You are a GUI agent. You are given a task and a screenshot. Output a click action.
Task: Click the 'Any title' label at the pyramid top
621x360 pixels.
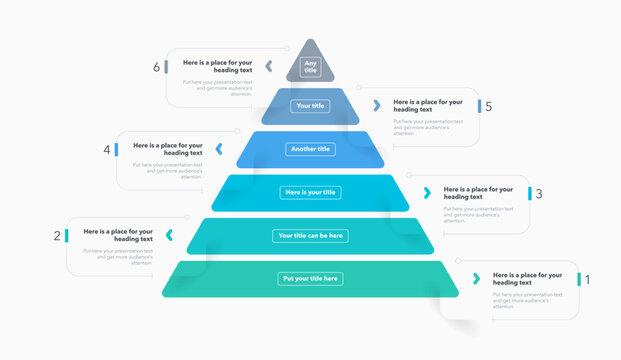[x=310, y=67]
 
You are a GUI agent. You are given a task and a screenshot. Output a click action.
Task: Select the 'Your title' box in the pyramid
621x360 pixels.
[x=310, y=105]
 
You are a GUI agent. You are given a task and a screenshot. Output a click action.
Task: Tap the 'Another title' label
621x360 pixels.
[x=310, y=149]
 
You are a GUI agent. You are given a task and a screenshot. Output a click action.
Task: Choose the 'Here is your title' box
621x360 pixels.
[x=310, y=192]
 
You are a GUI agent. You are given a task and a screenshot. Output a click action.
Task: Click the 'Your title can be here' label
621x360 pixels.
[x=310, y=236]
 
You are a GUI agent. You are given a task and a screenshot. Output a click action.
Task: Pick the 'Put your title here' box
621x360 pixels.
[x=310, y=278]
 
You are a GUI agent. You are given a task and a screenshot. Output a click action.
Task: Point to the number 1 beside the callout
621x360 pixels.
[x=587, y=279]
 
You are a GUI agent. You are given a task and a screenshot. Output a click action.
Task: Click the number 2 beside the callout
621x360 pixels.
[x=57, y=236]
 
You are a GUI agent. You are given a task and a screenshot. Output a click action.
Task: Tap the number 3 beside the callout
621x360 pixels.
[x=539, y=193]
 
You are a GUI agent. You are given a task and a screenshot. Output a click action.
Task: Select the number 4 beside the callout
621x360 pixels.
[x=106, y=150]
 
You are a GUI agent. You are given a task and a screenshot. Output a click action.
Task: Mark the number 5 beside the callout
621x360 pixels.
[x=488, y=106]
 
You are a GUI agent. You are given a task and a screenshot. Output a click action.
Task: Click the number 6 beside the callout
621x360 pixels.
[x=156, y=67]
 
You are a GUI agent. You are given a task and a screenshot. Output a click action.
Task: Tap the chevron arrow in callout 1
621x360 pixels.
[x=477, y=278]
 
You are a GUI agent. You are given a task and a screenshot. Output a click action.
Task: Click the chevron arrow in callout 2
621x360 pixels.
[x=169, y=235]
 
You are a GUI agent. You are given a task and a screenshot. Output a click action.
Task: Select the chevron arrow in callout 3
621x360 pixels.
[x=427, y=192]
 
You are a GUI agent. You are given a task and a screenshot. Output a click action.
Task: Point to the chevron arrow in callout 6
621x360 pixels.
[x=269, y=66]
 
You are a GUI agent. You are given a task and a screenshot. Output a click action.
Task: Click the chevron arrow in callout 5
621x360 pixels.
[x=377, y=105]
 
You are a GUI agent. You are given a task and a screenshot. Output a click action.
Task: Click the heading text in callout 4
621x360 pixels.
[x=168, y=149]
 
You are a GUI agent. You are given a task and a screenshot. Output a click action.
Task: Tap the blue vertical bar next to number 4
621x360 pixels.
[x=116, y=149]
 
